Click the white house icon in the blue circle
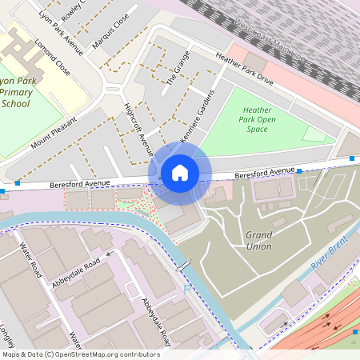[180, 173]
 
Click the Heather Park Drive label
[244, 69]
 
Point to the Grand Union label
[258, 240]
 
